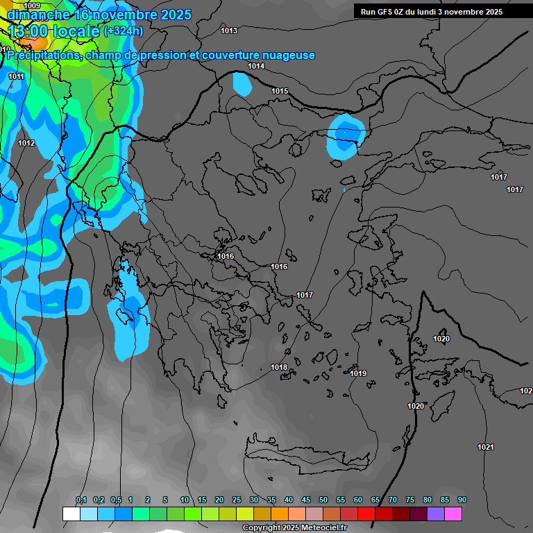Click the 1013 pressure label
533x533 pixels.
coord(229,31)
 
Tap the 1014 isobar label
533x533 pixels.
coord(256,66)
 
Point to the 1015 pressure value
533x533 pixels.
coord(280,91)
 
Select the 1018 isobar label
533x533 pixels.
coord(279,367)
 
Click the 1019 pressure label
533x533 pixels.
coord(358,373)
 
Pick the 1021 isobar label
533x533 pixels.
coord(486,447)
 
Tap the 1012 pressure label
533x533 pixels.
coord(26,143)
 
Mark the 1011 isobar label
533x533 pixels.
coord(17,76)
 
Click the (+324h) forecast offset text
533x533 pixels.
coord(123,31)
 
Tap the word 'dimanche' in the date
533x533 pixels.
coord(38,15)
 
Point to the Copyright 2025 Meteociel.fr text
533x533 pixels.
coord(294,528)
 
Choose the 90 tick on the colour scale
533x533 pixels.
coord(462,500)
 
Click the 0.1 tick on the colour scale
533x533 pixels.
coord(81,500)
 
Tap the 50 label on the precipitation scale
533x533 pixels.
coord(323,500)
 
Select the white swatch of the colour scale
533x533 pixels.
coord(71,514)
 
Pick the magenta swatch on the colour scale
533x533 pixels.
coord(453,514)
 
